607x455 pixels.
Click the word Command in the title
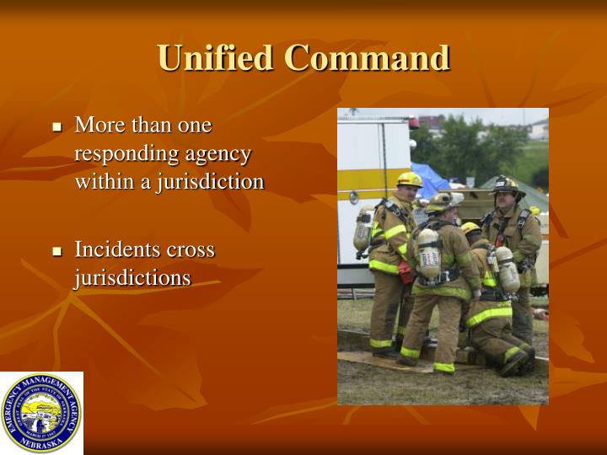tap(366, 58)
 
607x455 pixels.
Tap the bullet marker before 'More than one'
tap(57, 127)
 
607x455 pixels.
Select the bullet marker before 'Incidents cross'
tap(57, 251)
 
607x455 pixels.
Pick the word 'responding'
tap(127, 154)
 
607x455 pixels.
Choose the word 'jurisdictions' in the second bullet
tap(132, 277)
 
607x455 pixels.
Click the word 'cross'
tap(190, 249)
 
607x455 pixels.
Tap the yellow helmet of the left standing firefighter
tap(410, 179)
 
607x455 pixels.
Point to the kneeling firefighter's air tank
tap(506, 270)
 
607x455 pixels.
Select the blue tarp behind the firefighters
tap(432, 179)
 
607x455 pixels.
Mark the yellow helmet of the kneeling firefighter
tap(470, 227)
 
